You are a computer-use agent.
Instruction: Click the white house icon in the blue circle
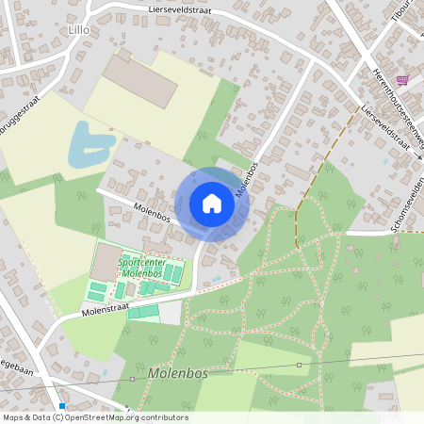click(212, 204)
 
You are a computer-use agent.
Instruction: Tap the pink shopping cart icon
click(403, 81)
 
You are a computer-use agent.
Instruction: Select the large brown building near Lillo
click(140, 80)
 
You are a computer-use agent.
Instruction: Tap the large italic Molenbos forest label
click(178, 374)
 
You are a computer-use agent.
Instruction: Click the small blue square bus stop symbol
click(62, 406)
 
